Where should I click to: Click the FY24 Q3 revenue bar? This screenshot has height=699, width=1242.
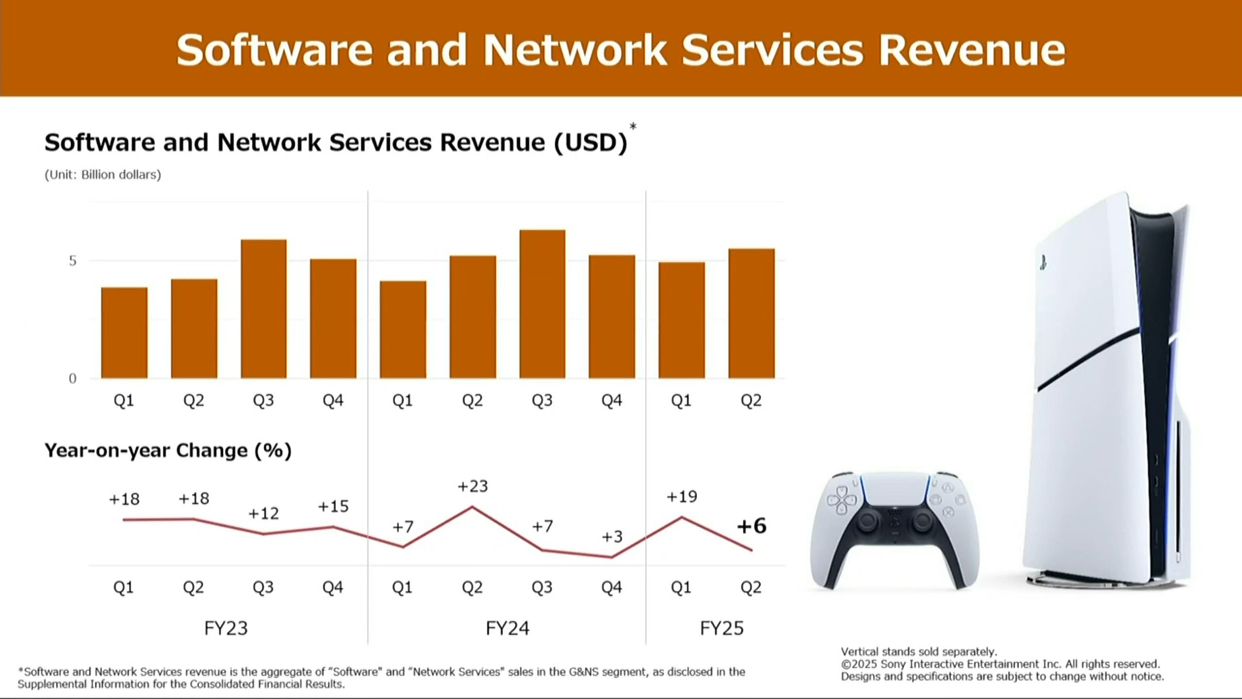[x=542, y=304]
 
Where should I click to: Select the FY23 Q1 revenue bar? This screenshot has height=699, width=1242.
[x=124, y=333]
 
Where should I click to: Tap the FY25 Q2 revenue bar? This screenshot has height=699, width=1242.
[x=752, y=314]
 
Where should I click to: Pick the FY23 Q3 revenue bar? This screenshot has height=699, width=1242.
[x=263, y=309]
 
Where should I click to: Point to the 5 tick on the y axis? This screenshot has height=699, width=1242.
[x=73, y=261]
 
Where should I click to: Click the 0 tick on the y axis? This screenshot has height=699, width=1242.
[x=73, y=379]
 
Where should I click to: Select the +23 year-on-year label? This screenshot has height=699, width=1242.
[x=473, y=486]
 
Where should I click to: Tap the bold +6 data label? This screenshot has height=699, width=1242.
[x=752, y=526]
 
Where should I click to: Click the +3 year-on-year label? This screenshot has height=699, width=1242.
[x=612, y=536]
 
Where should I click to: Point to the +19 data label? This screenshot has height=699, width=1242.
[x=682, y=497]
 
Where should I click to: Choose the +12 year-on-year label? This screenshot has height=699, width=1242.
[x=263, y=514]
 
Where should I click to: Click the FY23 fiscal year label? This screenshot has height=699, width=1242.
[x=226, y=628]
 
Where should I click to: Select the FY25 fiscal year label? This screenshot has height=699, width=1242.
[x=721, y=628]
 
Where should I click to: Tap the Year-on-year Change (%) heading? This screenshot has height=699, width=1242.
[x=168, y=450]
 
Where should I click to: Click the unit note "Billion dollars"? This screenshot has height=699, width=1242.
[x=120, y=175]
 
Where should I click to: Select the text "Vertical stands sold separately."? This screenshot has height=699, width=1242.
[x=918, y=651]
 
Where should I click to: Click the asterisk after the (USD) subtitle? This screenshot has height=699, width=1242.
[x=633, y=127]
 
